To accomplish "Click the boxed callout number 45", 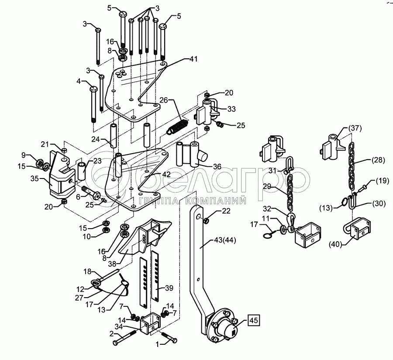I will [x=253, y=321].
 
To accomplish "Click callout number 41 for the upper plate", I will [x=193, y=58].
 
